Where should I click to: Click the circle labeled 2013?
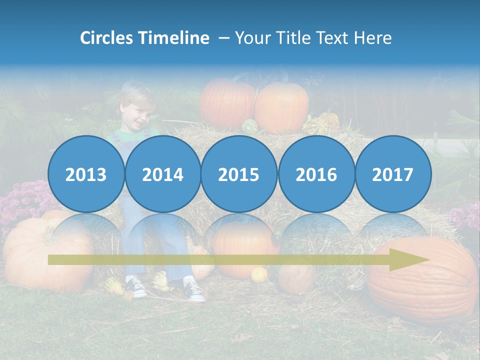(x=86, y=174)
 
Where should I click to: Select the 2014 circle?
(x=162, y=174)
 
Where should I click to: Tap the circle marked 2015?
(x=239, y=174)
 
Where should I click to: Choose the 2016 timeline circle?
(x=316, y=174)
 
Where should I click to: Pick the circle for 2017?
(x=392, y=174)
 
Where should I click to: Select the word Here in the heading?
(x=373, y=38)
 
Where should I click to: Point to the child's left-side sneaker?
(x=135, y=288)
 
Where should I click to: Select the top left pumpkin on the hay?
(x=227, y=104)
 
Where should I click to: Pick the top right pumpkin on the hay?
(x=282, y=107)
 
